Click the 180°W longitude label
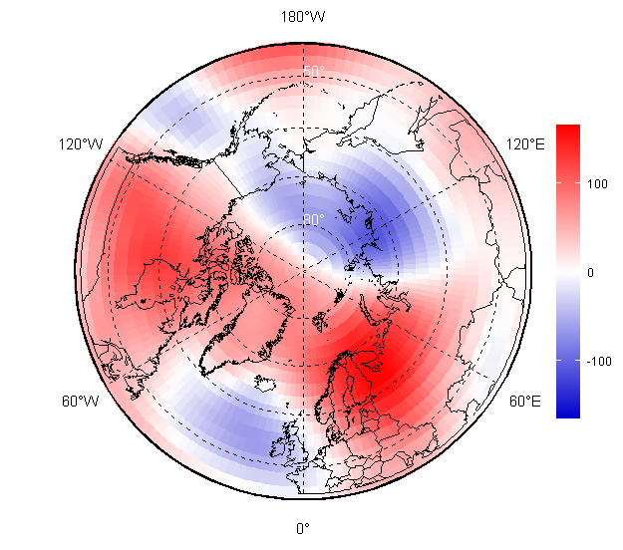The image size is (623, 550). pyautogui.click(x=302, y=17)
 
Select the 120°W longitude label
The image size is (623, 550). pyautogui.click(x=81, y=144)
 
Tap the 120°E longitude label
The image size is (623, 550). pyautogui.click(x=525, y=144)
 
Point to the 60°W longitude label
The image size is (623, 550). pyautogui.click(x=81, y=402)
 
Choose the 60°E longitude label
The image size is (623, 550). pyautogui.click(x=525, y=402)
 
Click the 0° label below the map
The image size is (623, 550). pyautogui.click(x=302, y=528)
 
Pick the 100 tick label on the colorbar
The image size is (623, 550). pyautogui.click(x=599, y=183)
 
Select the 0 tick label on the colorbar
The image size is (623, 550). pyautogui.click(x=590, y=271)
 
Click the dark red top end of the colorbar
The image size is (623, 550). pyautogui.click(x=567, y=130)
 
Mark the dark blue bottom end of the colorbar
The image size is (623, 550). pyautogui.click(x=567, y=412)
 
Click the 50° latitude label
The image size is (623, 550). pyautogui.click(x=313, y=72)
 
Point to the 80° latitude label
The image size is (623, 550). pyautogui.click(x=313, y=219)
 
